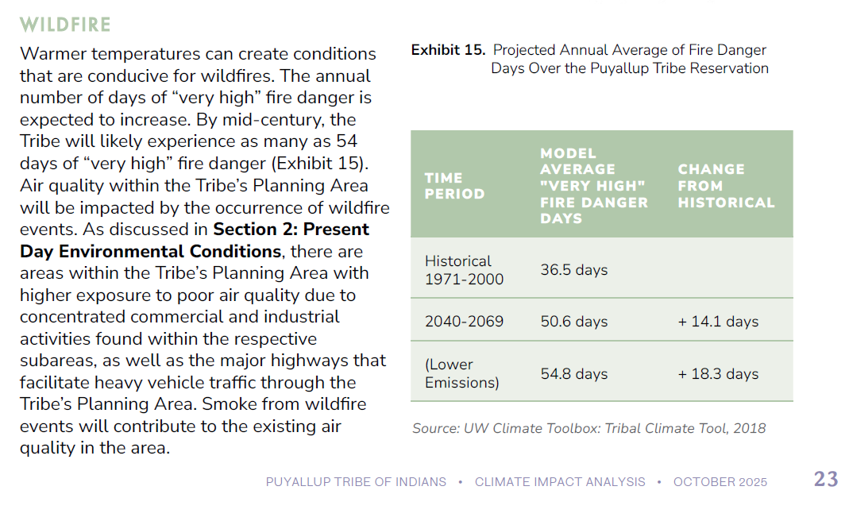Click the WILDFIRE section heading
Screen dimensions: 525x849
(65, 25)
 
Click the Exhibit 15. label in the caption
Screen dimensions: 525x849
(448, 50)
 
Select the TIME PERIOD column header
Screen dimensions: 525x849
(454, 186)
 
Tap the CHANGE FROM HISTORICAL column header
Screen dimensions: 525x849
(726, 186)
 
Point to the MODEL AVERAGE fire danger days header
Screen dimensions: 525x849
(593, 186)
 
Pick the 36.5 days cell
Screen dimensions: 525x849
(573, 270)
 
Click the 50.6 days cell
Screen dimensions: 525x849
(573, 322)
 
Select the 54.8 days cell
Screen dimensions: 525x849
(573, 374)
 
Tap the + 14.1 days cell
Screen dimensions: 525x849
(718, 322)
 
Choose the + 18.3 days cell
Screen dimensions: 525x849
(718, 374)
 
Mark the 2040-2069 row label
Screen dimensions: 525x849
(464, 322)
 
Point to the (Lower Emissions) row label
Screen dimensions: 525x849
(461, 374)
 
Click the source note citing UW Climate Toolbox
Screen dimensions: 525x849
(589, 429)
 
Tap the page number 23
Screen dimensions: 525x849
(826, 479)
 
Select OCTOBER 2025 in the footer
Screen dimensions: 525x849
(720, 482)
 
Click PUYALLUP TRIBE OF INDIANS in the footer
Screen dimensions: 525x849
(356, 482)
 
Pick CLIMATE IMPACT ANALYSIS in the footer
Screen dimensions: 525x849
(560, 482)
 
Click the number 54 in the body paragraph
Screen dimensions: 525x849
(347, 142)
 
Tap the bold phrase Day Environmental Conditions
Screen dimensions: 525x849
(150, 252)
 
